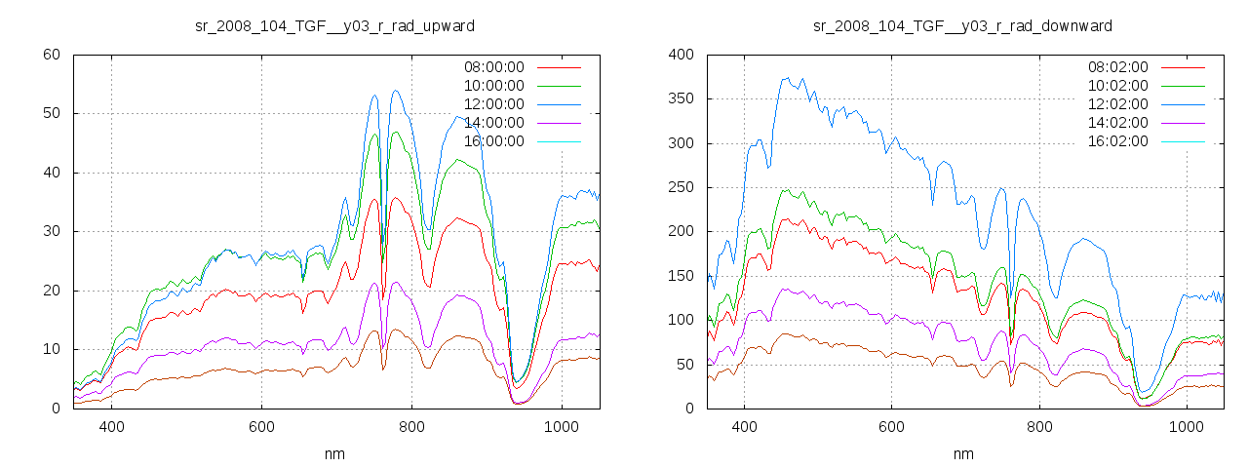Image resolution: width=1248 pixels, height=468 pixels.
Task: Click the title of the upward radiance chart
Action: pyautogui.click(x=334, y=25)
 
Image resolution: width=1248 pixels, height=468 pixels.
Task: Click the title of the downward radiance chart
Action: pyautogui.click(x=962, y=25)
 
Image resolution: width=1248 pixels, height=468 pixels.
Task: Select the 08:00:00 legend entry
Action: pyautogui.click(x=493, y=67)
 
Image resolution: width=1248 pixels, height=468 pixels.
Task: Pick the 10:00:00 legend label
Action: pyautogui.click(x=493, y=86)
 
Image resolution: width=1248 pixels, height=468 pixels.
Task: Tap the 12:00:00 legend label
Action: pyautogui.click(x=493, y=104)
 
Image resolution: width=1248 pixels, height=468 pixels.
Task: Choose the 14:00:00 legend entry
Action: pyautogui.click(x=493, y=123)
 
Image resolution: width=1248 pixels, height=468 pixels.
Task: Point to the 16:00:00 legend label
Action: pyautogui.click(x=493, y=141)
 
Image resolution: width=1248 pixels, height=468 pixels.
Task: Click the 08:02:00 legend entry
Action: pyautogui.click(x=1117, y=67)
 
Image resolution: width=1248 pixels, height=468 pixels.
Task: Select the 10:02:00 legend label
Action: pyautogui.click(x=1117, y=86)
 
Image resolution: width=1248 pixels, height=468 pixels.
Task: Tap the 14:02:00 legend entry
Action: pyautogui.click(x=1117, y=123)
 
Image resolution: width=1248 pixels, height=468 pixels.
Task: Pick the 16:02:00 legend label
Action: pyautogui.click(x=1117, y=141)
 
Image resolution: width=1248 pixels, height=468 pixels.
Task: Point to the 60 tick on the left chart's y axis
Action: pyautogui.click(x=53, y=55)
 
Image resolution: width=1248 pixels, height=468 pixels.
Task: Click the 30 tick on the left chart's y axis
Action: pyautogui.click(x=53, y=231)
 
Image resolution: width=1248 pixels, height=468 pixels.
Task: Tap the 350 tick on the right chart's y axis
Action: pyautogui.click(x=681, y=98)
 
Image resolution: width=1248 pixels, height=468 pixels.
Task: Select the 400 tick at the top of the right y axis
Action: pyautogui.click(x=681, y=55)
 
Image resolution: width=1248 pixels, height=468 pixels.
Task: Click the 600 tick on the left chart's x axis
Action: pyautogui.click(x=261, y=426)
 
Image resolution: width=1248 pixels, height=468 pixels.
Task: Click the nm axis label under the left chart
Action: pyautogui.click(x=335, y=454)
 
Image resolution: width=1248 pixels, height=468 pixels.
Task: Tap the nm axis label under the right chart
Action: pyautogui.click(x=963, y=454)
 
